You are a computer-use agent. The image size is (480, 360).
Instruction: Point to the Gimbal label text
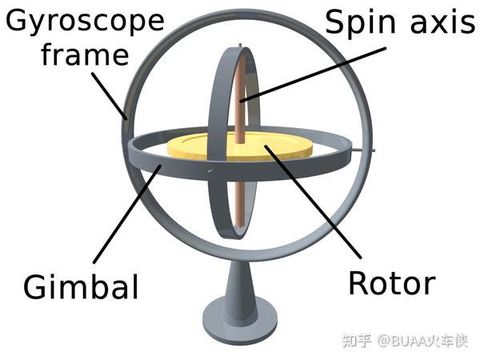[x=81, y=286]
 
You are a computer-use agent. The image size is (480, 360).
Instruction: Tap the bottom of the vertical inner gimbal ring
[x=233, y=237]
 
